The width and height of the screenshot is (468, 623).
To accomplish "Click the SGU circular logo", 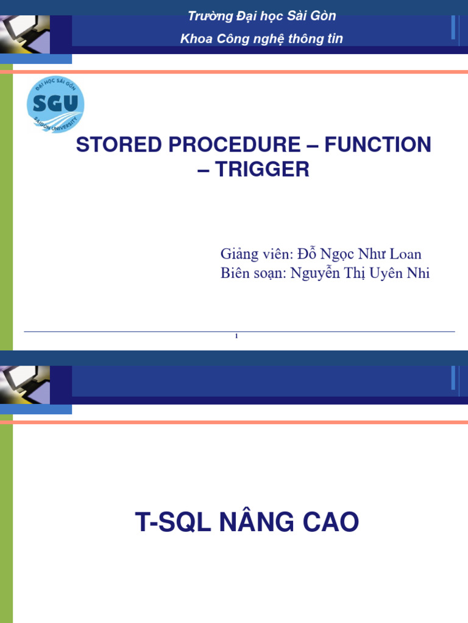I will (x=55, y=105).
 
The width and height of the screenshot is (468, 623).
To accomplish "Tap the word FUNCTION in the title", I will (x=377, y=145).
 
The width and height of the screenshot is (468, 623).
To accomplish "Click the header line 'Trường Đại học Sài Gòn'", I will (x=261, y=16).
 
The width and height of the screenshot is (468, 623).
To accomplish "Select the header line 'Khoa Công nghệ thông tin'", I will (x=261, y=39).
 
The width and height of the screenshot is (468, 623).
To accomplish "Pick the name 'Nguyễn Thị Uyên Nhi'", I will (x=360, y=273).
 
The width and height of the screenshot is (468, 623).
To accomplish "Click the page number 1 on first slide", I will (x=236, y=337).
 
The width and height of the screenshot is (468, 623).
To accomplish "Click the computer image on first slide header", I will (x=24, y=33).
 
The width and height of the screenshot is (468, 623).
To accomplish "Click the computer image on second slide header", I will (x=24, y=385).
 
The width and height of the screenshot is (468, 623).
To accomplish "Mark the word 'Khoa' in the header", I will (x=194, y=39).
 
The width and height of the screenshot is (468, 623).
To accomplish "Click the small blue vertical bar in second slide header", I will (x=453, y=377).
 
